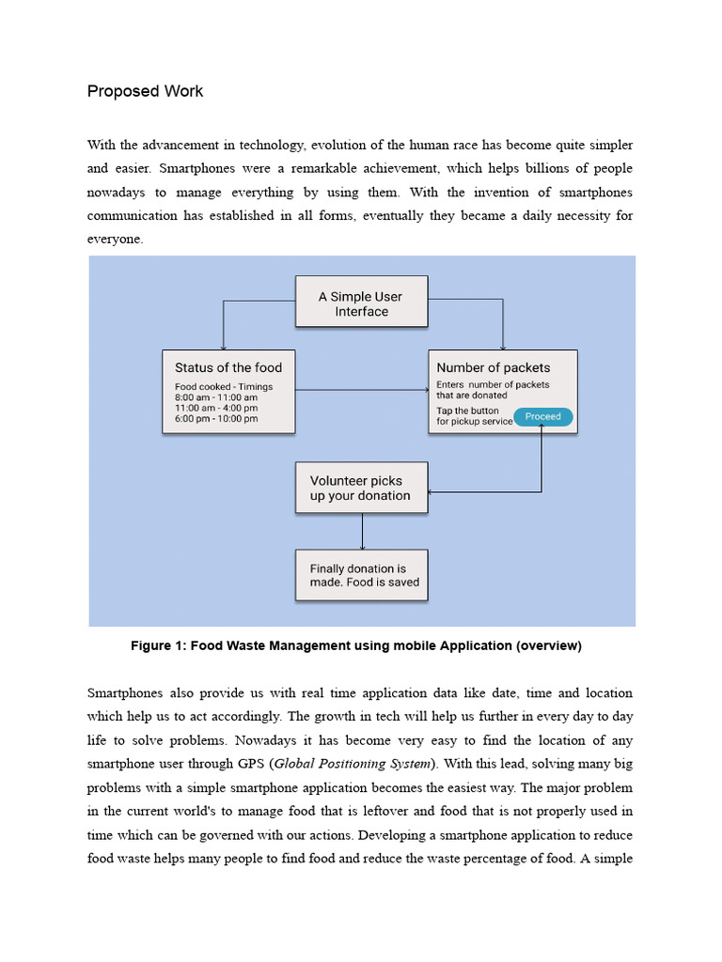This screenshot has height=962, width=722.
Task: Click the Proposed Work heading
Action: [145, 91]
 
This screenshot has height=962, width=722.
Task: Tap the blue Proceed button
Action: [542, 416]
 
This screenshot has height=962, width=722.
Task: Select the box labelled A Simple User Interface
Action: [361, 302]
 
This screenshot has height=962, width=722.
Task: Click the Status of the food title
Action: [228, 367]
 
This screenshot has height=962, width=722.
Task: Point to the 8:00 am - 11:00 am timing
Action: [215, 397]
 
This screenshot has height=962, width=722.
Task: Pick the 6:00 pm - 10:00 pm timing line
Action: [216, 419]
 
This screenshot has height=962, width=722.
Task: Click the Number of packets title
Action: [493, 367]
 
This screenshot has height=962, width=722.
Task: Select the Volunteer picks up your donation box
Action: [361, 488]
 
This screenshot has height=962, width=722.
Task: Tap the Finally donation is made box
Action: [361, 576]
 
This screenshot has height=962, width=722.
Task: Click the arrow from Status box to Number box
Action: [361, 390]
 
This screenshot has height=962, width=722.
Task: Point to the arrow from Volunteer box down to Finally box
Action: [362, 532]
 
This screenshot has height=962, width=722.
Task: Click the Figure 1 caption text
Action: [356, 645]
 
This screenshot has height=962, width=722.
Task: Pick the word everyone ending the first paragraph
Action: [116, 239]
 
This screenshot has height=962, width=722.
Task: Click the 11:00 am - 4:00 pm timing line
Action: [215, 409]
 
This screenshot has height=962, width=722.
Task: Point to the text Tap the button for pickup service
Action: [474, 416]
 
